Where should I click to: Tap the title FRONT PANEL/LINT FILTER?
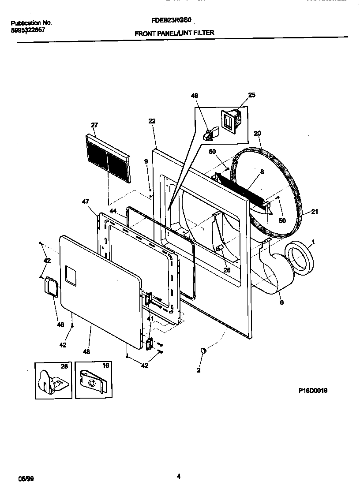point(174,33)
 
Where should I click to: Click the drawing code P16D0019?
point(312,391)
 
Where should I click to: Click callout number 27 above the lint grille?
point(94,125)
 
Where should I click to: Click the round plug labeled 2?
point(203,350)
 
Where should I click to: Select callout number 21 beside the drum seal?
point(314,212)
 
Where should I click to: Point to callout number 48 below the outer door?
point(86,352)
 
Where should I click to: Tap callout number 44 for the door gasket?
point(113,212)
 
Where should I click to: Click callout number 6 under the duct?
point(281,303)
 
